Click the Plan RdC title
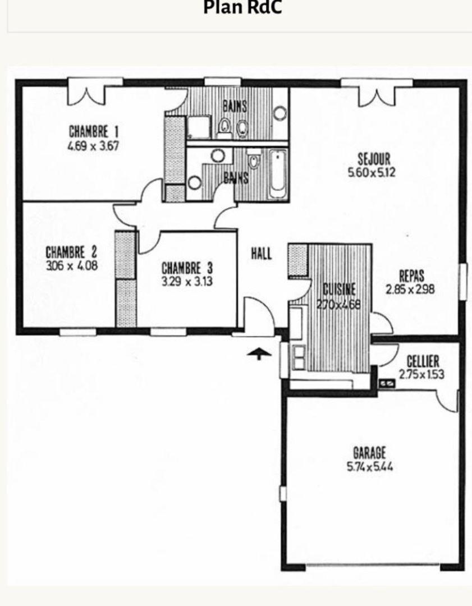[242, 7]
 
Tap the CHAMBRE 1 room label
[94, 131]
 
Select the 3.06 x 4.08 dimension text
[71, 266]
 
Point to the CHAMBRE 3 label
[187, 268]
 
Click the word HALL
[262, 254]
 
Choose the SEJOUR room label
[374, 159]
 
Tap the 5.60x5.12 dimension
[372, 172]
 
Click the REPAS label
[411, 276]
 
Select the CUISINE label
[339, 290]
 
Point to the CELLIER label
[423, 362]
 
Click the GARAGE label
[369, 453]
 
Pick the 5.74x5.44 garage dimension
[370, 467]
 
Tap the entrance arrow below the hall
[259, 353]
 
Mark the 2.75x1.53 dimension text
[421, 374]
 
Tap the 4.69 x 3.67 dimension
[93, 146]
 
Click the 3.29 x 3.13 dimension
[187, 281]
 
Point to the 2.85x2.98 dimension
[410, 289]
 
